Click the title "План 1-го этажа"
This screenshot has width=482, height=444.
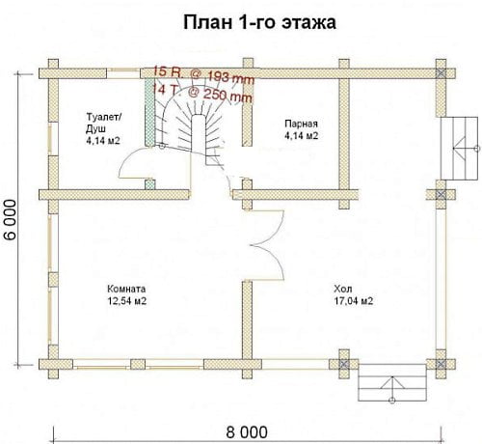click(x=259, y=23)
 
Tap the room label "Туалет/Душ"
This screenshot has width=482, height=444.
click(x=104, y=123)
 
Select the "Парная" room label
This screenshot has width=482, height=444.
click(x=301, y=124)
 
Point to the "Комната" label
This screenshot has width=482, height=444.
click(x=126, y=289)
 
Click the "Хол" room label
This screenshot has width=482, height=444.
click(x=343, y=288)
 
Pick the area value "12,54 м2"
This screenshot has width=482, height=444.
click(x=127, y=301)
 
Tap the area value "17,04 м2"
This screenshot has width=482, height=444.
click(x=354, y=301)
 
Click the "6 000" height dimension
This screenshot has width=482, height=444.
click(x=11, y=219)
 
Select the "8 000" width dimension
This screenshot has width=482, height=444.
click(x=247, y=432)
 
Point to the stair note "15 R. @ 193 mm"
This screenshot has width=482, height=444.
click(x=203, y=75)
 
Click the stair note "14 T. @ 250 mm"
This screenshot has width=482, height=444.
click(x=202, y=93)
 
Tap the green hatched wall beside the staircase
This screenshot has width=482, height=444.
click(x=149, y=112)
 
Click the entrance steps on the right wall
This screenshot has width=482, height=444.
click(x=459, y=149)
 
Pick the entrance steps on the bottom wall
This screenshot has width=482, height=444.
click(x=392, y=382)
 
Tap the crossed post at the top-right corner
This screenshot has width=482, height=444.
click(x=441, y=73)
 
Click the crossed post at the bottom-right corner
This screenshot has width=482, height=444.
click(x=441, y=364)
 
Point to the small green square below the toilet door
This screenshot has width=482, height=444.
click(x=149, y=184)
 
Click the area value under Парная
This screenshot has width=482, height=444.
click(x=301, y=135)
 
